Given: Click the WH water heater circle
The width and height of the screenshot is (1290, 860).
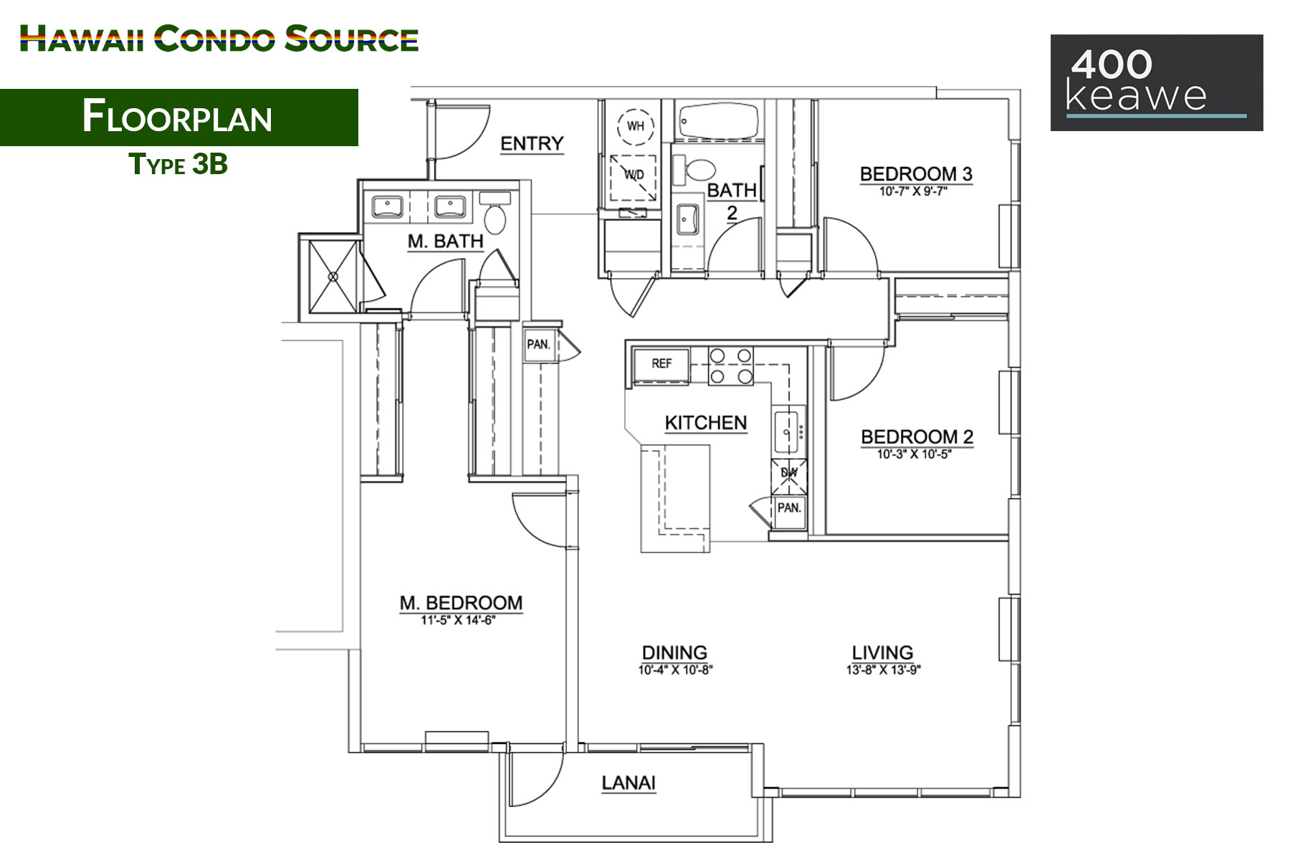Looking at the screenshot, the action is point(636,126).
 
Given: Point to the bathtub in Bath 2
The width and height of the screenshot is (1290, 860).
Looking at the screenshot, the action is point(719,122).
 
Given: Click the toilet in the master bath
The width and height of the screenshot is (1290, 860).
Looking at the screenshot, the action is point(494,212).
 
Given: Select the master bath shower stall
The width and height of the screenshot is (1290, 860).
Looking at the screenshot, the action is point(333,276).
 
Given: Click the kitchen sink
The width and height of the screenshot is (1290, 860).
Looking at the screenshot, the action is point(789,431).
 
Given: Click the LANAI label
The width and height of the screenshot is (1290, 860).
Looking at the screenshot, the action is point(629,783).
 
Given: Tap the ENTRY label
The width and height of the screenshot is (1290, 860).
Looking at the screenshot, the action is point(532,144).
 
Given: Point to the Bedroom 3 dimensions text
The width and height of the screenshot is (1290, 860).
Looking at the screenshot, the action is point(913,191).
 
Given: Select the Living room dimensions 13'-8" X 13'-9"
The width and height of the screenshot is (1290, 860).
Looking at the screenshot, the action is point(883,670).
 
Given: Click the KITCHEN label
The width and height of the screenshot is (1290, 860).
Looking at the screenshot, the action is point(706,423).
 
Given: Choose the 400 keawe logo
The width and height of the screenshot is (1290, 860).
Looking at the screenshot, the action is point(1157,82).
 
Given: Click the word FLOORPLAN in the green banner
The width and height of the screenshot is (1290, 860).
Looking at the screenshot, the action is point(178,117).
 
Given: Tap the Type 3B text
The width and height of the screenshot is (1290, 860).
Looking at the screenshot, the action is point(178,164).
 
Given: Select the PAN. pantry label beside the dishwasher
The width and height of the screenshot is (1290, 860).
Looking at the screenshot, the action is point(789,508).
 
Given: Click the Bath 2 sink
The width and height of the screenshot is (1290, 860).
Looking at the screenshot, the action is point(688,218).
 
